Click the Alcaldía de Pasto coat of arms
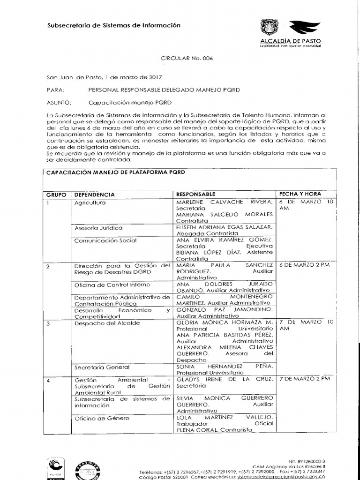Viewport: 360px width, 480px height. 269,28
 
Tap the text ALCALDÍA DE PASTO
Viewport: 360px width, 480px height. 291,41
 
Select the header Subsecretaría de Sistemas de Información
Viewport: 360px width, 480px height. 114,25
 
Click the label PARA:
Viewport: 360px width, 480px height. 55,89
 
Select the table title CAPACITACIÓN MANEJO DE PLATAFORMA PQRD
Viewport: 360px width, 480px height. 115,172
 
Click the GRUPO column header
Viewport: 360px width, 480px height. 56,194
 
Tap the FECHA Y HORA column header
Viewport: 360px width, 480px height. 300,194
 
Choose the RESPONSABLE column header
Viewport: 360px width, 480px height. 195,194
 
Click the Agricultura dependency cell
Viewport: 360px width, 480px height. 90,202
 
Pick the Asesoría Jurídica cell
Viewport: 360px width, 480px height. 98,228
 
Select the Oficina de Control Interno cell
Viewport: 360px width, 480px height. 112,285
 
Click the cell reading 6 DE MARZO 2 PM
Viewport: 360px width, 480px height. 304,265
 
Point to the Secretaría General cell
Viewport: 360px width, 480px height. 102,367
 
